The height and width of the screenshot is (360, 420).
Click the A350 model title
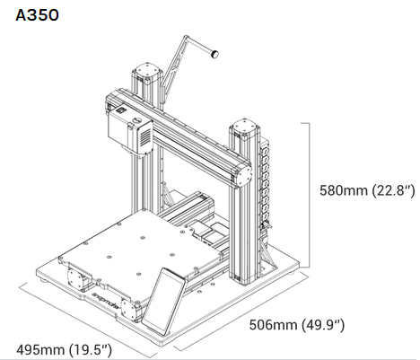coord(37,15)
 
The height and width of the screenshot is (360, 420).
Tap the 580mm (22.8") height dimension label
coord(367,190)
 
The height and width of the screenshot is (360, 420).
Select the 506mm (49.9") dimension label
coord(297,325)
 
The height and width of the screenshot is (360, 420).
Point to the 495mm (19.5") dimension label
coord(64,349)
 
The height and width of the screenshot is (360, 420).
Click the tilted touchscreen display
coord(163,301)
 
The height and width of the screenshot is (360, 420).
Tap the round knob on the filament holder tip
coord(214,54)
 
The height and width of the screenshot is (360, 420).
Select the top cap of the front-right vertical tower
coord(244,128)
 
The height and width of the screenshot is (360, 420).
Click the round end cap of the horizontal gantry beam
coord(243,176)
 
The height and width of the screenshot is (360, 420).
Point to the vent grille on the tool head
coord(146,137)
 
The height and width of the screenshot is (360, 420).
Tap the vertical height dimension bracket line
coord(308,195)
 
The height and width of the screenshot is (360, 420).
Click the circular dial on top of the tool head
coord(137,120)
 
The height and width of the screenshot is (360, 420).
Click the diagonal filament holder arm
coord(174,64)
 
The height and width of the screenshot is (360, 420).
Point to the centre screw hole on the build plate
coord(143,238)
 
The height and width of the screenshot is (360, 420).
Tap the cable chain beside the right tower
coord(265,186)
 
